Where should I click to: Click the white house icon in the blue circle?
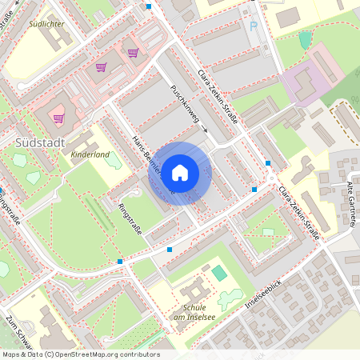[180, 172]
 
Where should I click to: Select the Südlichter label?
[46, 24]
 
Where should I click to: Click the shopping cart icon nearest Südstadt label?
[58, 118]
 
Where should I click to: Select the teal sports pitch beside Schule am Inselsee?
[219, 273]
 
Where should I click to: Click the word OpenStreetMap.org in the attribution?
[96, 354]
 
